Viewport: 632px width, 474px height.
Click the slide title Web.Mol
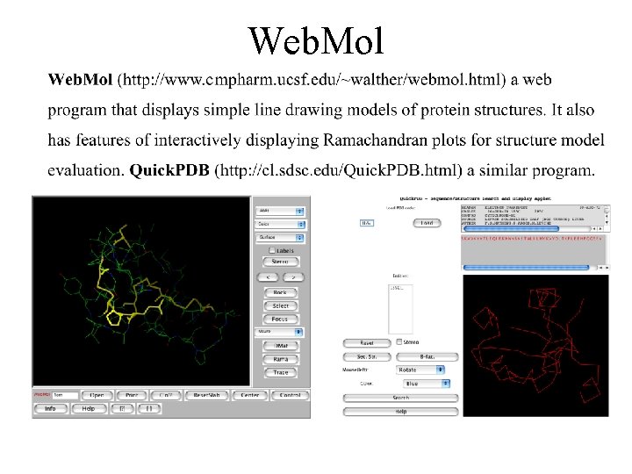[316, 39]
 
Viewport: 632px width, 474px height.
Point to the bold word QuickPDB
[170, 169]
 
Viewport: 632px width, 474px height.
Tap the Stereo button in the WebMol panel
[280, 262]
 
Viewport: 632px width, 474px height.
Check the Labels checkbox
[272, 249]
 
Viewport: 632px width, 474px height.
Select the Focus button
[280, 319]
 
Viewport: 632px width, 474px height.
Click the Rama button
[280, 359]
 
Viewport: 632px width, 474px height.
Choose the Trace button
[280, 372]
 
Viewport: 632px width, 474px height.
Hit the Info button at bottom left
[51, 408]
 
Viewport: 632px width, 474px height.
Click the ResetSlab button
[207, 395]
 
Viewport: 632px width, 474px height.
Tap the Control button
[290, 395]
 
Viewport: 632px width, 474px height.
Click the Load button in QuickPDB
[427, 223]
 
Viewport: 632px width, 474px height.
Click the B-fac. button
[427, 356]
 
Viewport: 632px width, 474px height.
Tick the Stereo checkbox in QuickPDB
[399, 342]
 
